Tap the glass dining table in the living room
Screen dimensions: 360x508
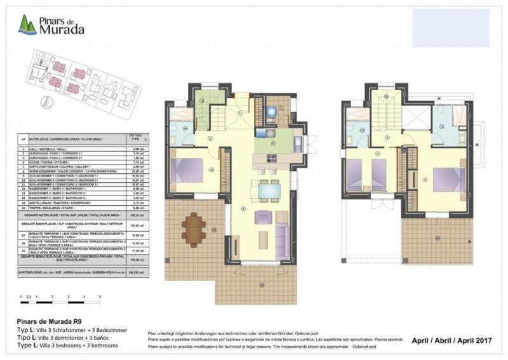click(269, 189)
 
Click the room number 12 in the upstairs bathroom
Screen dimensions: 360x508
click(441, 126)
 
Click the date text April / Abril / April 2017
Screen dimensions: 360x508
click(452, 340)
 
